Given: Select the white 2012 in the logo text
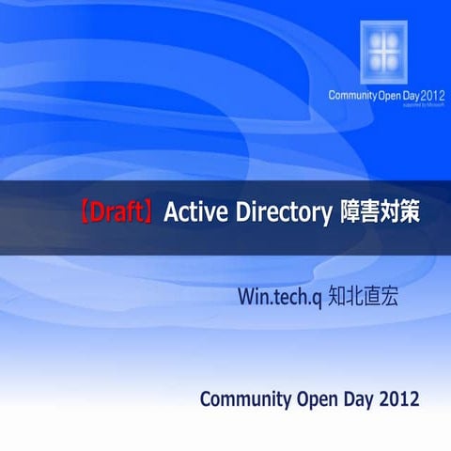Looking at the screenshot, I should [x=433, y=96].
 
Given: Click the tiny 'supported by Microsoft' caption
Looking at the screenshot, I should [x=424, y=105].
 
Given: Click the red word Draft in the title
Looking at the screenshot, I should [x=117, y=212].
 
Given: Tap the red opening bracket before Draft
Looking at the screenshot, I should [x=85, y=212].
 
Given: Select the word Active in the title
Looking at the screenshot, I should [x=190, y=212].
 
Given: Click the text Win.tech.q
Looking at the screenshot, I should [x=282, y=298].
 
